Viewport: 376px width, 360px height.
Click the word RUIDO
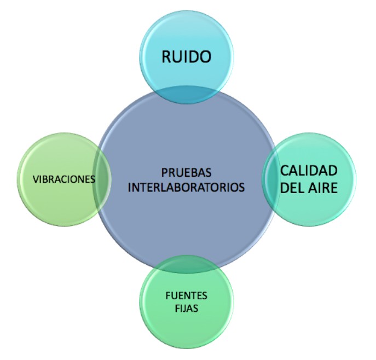tap(186, 56)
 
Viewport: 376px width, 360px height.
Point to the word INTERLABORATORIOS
tap(186, 187)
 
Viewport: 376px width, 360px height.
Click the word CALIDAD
tap(309, 170)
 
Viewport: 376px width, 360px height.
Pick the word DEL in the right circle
tap(293, 188)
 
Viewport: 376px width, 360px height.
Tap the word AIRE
tap(322, 188)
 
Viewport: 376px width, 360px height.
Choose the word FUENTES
tap(186, 295)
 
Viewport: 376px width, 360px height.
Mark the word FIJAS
tap(186, 309)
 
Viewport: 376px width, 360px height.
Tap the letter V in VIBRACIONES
tap(35, 179)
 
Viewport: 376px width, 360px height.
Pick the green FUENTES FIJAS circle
tap(186, 328)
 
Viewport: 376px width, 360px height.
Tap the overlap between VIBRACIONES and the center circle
tap(102, 178)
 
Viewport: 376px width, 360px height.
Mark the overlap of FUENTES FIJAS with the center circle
tap(186, 265)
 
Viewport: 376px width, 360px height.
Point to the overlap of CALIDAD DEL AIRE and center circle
tap(269, 178)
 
